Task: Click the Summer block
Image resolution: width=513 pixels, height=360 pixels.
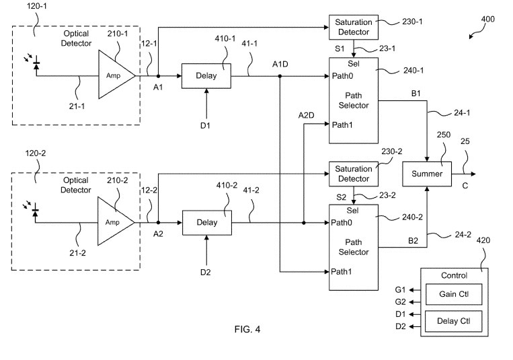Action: (x=427, y=174)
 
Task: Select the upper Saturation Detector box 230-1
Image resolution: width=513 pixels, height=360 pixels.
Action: (x=353, y=27)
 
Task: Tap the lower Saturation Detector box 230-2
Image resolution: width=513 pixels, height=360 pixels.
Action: (x=353, y=174)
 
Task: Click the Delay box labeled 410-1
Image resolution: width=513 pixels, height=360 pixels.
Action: (x=206, y=76)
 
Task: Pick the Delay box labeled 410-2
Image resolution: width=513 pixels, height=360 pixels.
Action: (x=206, y=222)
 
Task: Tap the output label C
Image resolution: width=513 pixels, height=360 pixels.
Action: (x=465, y=186)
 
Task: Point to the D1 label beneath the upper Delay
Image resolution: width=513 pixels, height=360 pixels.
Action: (x=206, y=125)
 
